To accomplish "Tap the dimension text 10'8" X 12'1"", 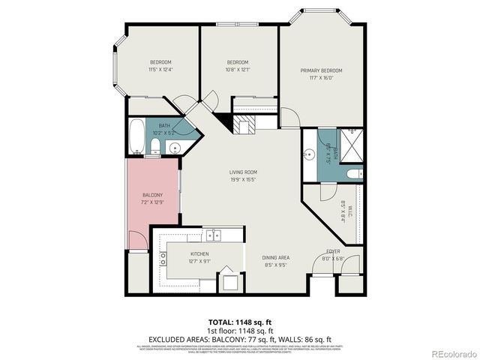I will [238, 70].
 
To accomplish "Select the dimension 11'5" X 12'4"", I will [160, 70].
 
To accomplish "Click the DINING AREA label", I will [277, 257].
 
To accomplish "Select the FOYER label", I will [333, 252].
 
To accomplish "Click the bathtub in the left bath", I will [137, 137].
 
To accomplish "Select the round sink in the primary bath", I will [309, 156].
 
